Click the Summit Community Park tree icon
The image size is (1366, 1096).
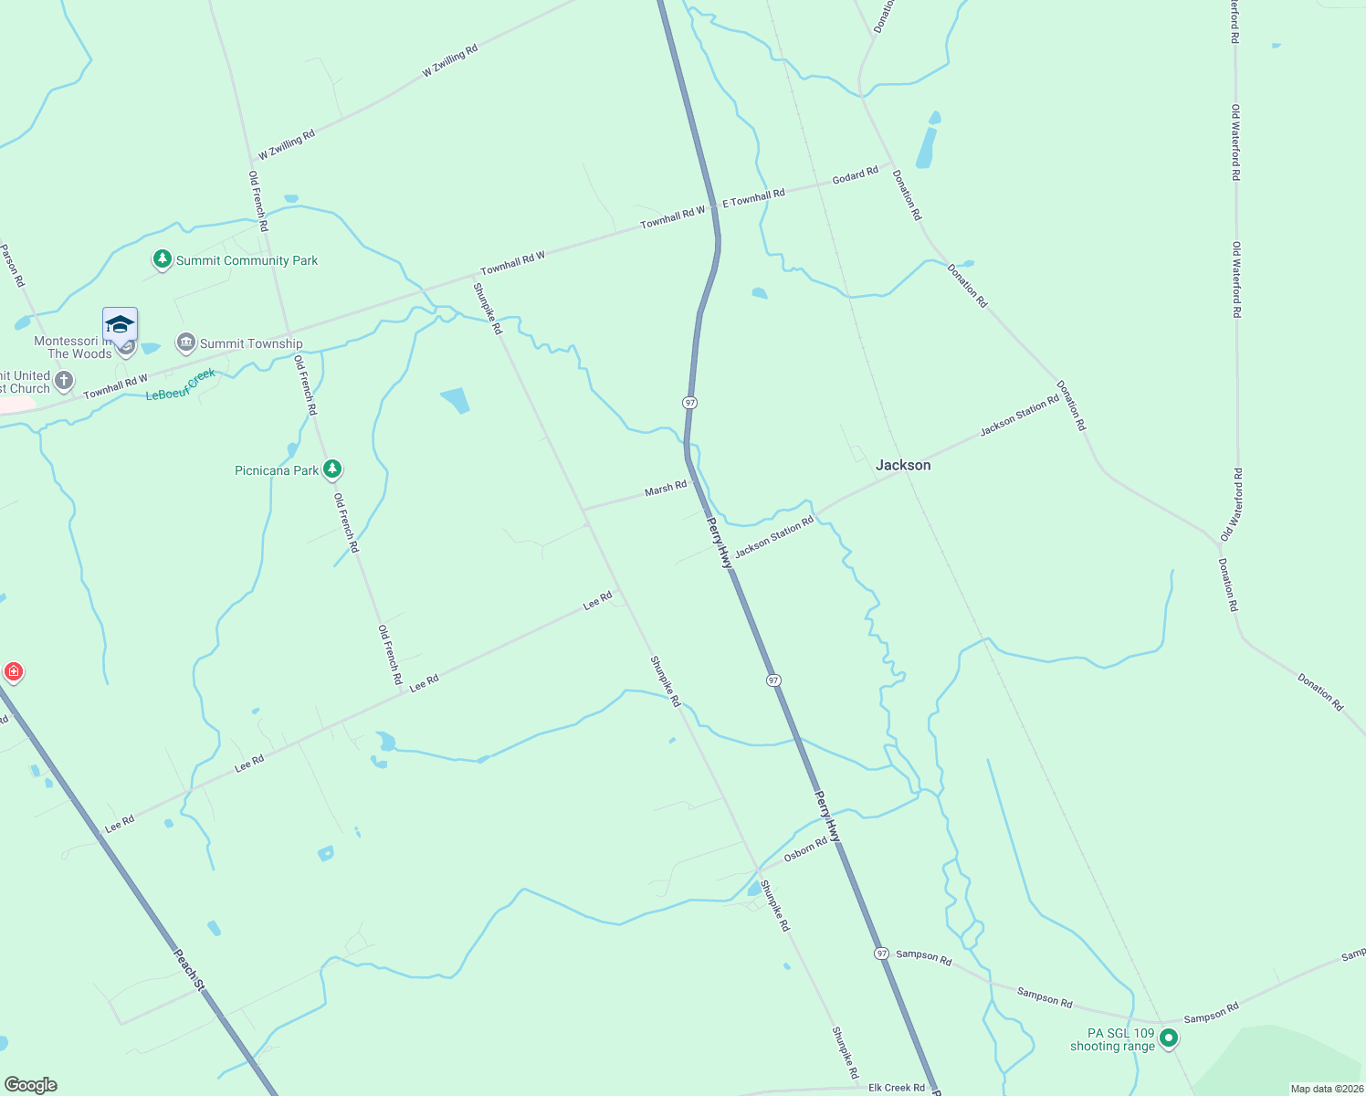163,260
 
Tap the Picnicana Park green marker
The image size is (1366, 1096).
332,469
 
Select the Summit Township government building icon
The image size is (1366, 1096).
186,343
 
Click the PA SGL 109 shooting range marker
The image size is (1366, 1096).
1168,1038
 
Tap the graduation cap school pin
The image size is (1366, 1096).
120,325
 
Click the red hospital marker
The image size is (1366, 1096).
13,673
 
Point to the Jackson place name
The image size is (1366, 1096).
903,465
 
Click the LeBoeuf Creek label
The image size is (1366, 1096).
181,385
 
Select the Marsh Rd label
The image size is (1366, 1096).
666,490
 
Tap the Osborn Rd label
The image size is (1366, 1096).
805,849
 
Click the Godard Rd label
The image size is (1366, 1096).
855,175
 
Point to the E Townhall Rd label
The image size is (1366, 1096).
753,197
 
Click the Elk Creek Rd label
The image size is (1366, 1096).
896,1088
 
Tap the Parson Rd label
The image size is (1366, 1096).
12,265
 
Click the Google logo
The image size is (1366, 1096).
31,1085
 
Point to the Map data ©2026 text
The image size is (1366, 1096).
1326,1089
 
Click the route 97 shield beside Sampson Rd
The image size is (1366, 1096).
881,953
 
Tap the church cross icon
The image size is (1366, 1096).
63,380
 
